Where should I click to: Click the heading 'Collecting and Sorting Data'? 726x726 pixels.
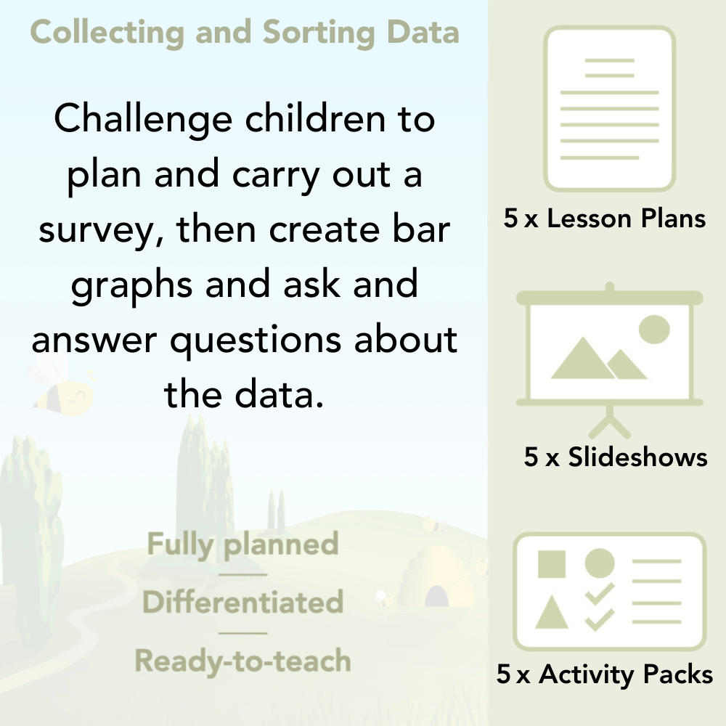tap(245, 33)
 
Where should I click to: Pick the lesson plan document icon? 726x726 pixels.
tap(611, 109)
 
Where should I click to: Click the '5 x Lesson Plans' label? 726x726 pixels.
tap(605, 219)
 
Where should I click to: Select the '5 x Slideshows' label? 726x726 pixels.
tap(616, 457)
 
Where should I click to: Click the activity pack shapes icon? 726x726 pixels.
tap(609, 591)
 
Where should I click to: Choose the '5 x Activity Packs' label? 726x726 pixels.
tap(604, 675)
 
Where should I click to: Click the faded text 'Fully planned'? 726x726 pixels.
tap(242, 544)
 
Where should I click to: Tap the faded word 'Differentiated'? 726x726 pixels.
tap(242, 603)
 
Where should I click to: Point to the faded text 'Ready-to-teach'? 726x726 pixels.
tap(242, 661)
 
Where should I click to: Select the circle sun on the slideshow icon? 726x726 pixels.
tap(653, 328)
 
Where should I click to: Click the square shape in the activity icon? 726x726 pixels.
tap(552, 563)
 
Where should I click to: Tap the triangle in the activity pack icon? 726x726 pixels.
tap(552, 613)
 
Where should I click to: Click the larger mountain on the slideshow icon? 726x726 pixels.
tap(581, 359)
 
